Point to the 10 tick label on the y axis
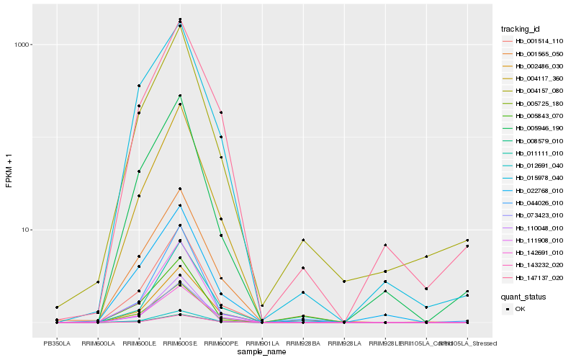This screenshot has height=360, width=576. coord(25,230)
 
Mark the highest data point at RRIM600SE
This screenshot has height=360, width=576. coord(180,19)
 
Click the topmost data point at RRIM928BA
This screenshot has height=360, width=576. coord(303,240)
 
